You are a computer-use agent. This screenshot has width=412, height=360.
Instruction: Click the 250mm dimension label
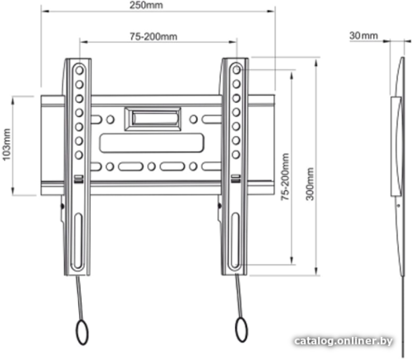[146, 5]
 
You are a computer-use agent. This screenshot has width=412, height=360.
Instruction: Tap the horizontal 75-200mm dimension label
[154, 36]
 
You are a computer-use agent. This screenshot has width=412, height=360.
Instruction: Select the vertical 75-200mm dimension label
[285, 177]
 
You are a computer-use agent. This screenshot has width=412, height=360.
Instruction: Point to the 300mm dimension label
[310, 184]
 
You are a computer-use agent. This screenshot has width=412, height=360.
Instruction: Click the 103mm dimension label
[6, 144]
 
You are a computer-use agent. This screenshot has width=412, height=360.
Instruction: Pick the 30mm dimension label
[364, 36]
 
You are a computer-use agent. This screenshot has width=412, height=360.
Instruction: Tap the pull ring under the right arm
[241, 330]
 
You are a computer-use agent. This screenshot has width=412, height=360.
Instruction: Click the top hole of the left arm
[79, 70]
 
